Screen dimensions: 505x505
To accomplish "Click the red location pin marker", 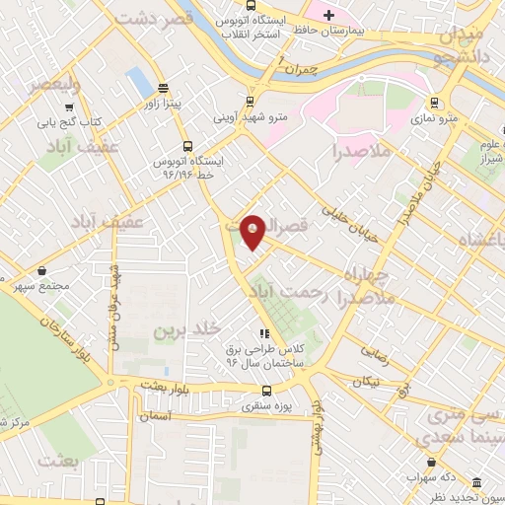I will click(x=252, y=231).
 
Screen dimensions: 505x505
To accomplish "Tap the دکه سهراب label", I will click(x=429, y=476).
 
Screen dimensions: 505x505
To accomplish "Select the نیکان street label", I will click(x=367, y=379).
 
